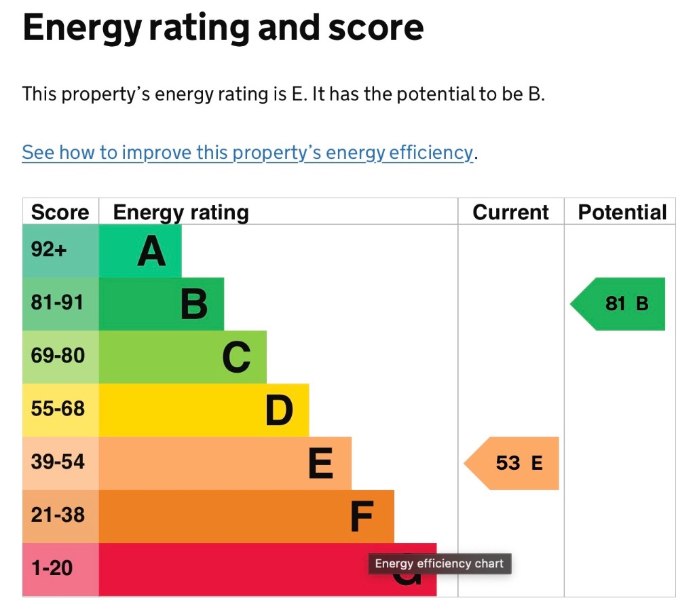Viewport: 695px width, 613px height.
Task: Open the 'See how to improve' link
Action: tap(248, 153)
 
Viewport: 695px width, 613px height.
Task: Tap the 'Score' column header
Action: tap(60, 212)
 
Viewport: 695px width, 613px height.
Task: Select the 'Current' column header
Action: tap(510, 212)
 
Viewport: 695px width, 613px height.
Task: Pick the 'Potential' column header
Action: tap(622, 212)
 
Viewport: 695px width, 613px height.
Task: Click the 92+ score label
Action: tap(49, 250)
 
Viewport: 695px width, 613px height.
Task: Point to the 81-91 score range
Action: tap(57, 303)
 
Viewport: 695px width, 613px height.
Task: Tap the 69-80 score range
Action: tap(58, 356)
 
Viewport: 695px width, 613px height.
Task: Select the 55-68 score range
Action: tap(58, 409)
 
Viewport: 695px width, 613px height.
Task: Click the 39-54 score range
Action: tap(58, 462)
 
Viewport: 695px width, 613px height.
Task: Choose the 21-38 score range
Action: tap(58, 515)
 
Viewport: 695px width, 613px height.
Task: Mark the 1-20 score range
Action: tap(52, 568)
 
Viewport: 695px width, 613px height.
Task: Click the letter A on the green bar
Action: tap(151, 251)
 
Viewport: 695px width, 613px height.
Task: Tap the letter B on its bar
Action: tap(194, 304)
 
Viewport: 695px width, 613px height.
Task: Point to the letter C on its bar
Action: tap(237, 357)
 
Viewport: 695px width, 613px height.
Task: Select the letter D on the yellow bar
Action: tap(279, 411)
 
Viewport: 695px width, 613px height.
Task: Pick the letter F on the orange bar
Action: tap(362, 517)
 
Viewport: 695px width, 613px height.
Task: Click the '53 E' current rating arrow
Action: tap(512, 464)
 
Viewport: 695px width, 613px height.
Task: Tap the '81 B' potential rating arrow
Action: tap(618, 304)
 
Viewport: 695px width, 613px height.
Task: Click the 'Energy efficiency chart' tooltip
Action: tap(440, 564)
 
